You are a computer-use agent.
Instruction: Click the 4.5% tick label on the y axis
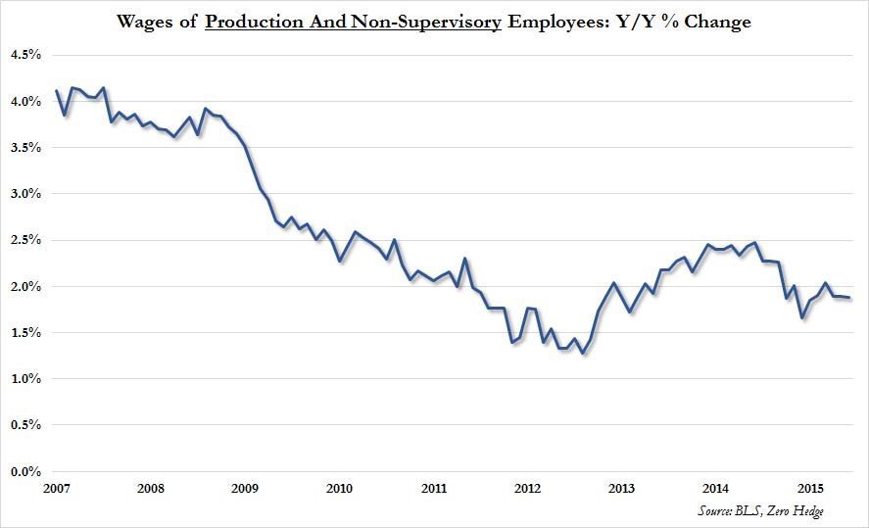[24, 56]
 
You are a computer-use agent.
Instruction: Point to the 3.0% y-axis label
[24, 195]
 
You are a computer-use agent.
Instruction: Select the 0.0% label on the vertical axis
[24, 472]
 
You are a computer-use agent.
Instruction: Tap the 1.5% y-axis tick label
[24, 333]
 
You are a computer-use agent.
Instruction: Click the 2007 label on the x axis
[56, 488]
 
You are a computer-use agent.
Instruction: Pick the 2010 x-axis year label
[339, 488]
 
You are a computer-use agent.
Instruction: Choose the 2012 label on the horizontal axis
[528, 488]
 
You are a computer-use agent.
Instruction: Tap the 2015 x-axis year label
[810, 488]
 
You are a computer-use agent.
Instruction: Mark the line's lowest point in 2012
[583, 353]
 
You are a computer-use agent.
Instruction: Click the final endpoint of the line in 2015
[849, 298]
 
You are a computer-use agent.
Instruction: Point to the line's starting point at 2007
[56, 91]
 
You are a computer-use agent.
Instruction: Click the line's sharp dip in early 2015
[802, 317]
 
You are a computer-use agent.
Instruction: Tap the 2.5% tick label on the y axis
[24, 241]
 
